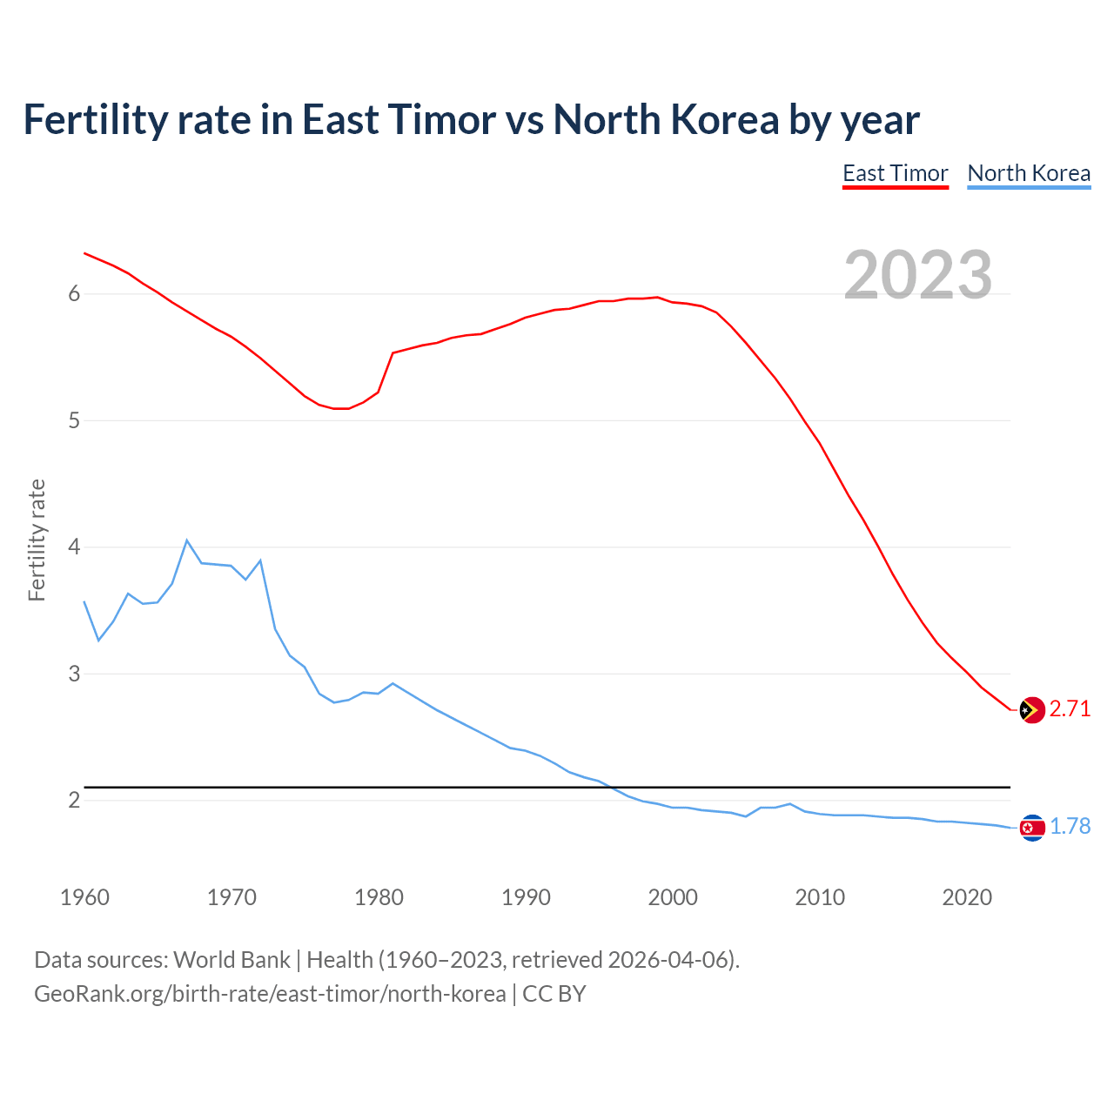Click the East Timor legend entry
click(895, 173)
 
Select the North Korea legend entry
click(1029, 173)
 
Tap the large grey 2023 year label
click(917, 275)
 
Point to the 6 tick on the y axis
click(74, 294)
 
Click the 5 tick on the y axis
click(74, 421)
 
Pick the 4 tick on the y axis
click(74, 547)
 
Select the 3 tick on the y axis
click(74, 674)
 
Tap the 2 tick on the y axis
click(74, 800)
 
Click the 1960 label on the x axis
click(84, 897)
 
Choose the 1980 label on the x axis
click(379, 897)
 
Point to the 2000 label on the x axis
click(673, 897)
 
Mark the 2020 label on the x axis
click(967, 897)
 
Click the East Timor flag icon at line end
click(1031, 710)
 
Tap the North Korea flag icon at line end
click(1031, 828)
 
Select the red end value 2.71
click(1070, 709)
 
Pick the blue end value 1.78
click(1070, 827)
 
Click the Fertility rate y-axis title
click(37, 540)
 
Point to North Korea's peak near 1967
click(187, 540)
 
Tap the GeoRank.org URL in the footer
click(270, 994)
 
